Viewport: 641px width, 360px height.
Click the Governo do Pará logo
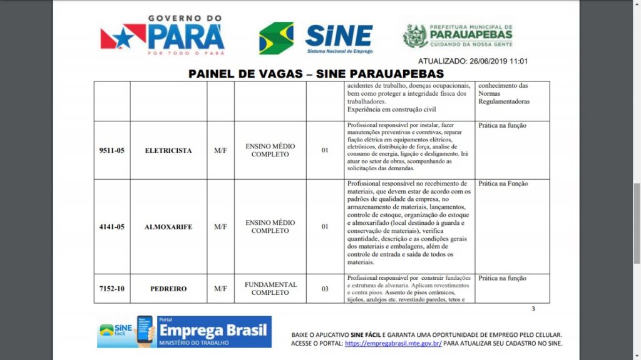coord(162,36)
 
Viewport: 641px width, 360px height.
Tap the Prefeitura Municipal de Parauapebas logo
coord(458,36)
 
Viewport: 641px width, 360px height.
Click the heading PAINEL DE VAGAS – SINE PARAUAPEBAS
coord(316,74)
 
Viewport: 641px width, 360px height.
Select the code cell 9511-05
coord(111,150)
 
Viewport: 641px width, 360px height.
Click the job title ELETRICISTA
coord(168,150)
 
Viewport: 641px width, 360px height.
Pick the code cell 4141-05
coord(111,227)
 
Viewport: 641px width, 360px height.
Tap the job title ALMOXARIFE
coord(168,227)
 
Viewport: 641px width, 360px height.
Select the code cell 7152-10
coord(111,289)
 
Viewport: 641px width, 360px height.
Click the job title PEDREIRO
coord(168,289)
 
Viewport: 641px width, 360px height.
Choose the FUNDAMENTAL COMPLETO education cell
coord(270,289)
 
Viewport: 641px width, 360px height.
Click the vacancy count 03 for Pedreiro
coord(325,289)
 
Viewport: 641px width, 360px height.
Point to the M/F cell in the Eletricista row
coord(220,150)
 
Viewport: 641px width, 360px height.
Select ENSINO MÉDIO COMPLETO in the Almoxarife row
coord(270,227)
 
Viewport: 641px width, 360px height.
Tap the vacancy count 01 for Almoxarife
coord(325,227)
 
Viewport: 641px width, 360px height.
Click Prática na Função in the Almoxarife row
coord(503,184)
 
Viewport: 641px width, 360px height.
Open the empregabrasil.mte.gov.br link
coord(393,343)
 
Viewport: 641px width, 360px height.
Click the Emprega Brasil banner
coord(184,332)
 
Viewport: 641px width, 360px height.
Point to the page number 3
coord(533,309)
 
